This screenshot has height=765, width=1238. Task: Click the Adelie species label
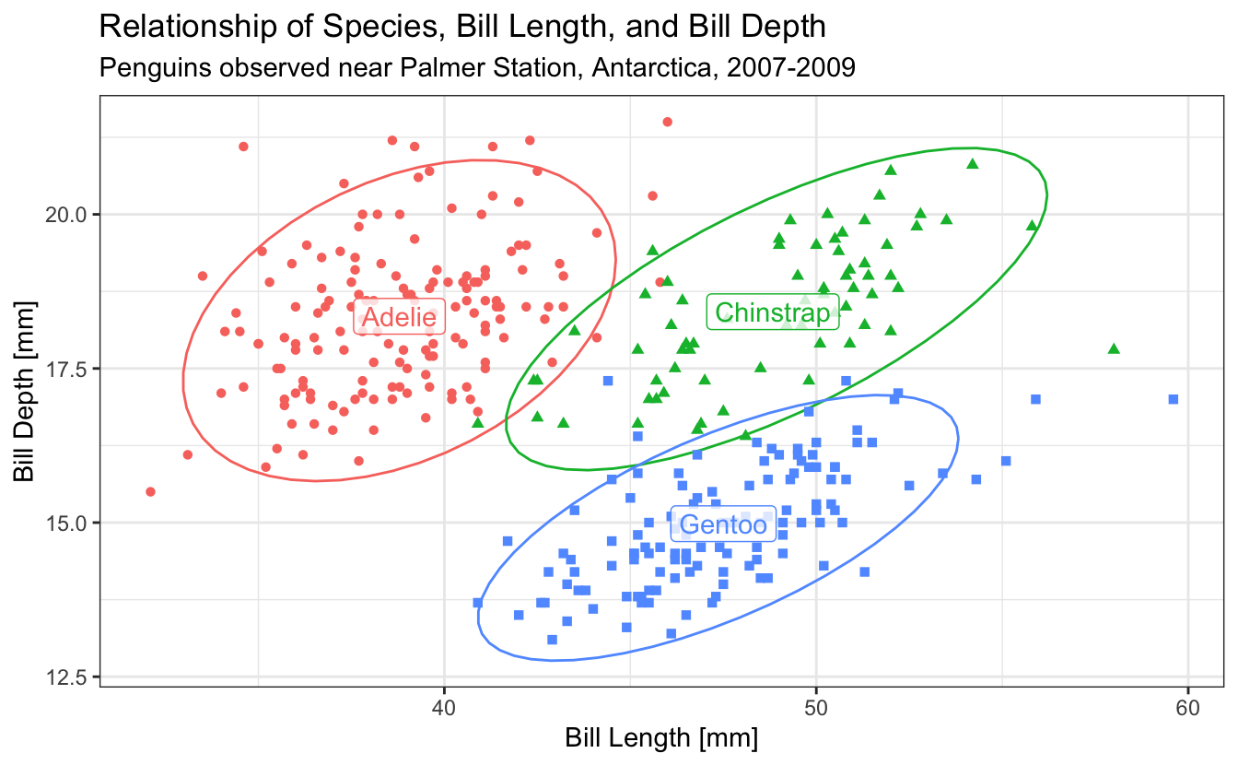399,318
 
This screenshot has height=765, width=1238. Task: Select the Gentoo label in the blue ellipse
723,525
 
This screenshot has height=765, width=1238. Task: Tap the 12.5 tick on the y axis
69,677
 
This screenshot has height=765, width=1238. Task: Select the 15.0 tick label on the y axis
69,523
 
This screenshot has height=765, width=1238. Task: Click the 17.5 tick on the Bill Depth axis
69,369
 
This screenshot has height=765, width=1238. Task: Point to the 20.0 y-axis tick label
69,215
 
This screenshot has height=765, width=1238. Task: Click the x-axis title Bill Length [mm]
661,738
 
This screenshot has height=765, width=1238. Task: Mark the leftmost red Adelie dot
150,491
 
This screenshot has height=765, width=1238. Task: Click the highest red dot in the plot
668,122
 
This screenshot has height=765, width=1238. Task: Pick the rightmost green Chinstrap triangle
1114,348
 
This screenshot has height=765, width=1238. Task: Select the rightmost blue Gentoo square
1173,399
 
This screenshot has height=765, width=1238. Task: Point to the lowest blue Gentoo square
552,640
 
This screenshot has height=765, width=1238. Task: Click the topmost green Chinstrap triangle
972,164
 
